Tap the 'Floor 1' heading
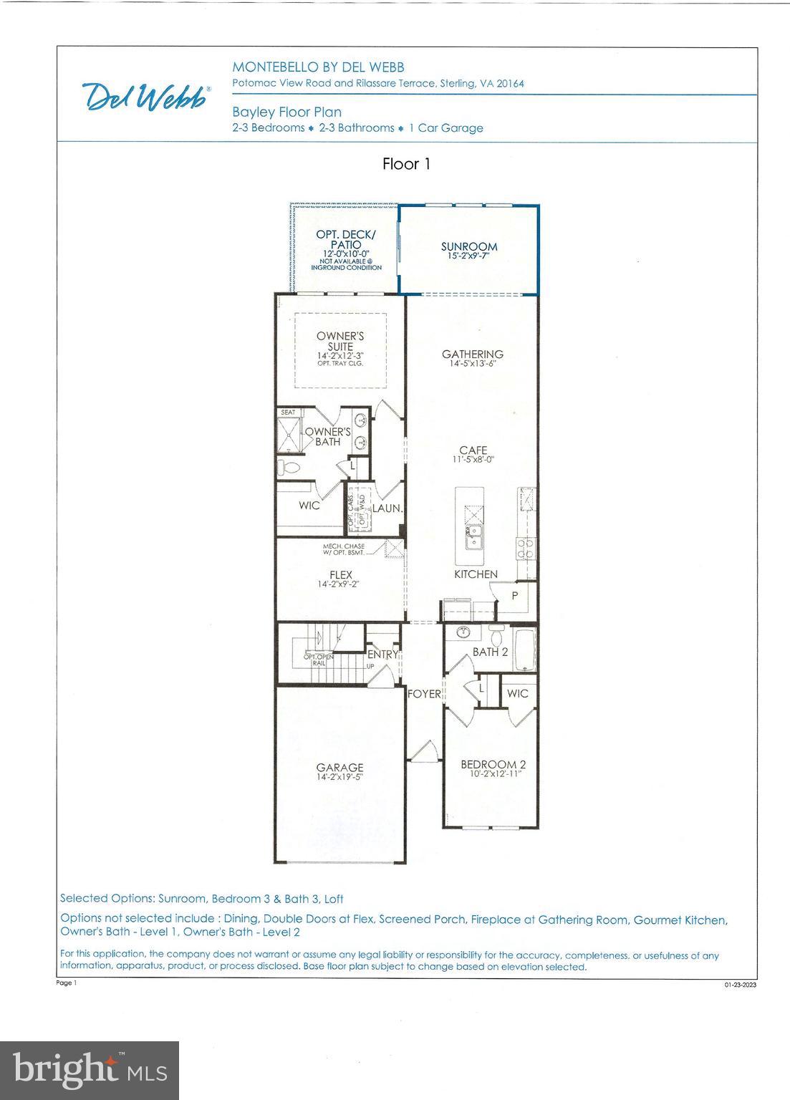tap(406, 164)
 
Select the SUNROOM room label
tap(469, 247)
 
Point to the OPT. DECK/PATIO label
tap(346, 240)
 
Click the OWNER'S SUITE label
tap(340, 342)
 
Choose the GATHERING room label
tap(472, 354)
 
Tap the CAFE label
tap(473, 450)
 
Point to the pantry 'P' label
tap(514, 596)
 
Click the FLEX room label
tap(341, 574)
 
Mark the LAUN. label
tap(387, 508)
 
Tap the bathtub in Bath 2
tap(525, 650)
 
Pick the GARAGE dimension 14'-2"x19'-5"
tap(340, 777)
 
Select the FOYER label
tap(424, 693)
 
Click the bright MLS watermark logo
tap(90, 1070)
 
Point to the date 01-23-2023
tap(740, 985)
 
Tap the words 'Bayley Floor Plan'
tap(286, 112)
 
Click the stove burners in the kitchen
tap(525, 548)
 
